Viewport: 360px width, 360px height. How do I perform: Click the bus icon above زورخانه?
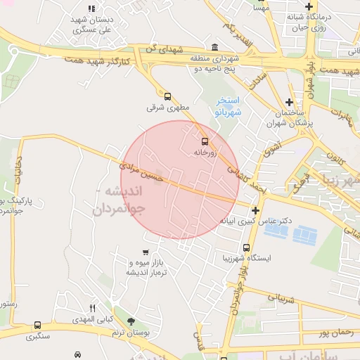coord(205,141)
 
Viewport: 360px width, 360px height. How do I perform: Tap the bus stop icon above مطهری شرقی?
coord(167,97)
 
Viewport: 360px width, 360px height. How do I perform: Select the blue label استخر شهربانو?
coord(227,106)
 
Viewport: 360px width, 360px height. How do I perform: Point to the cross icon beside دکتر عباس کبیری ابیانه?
coord(255,210)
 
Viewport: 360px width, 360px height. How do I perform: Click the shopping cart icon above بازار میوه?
coord(146,252)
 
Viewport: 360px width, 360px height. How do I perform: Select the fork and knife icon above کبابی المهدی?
coord(92,308)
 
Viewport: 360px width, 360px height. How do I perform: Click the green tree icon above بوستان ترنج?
coord(128,321)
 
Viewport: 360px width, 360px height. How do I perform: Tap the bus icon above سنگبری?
coord(37,326)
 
